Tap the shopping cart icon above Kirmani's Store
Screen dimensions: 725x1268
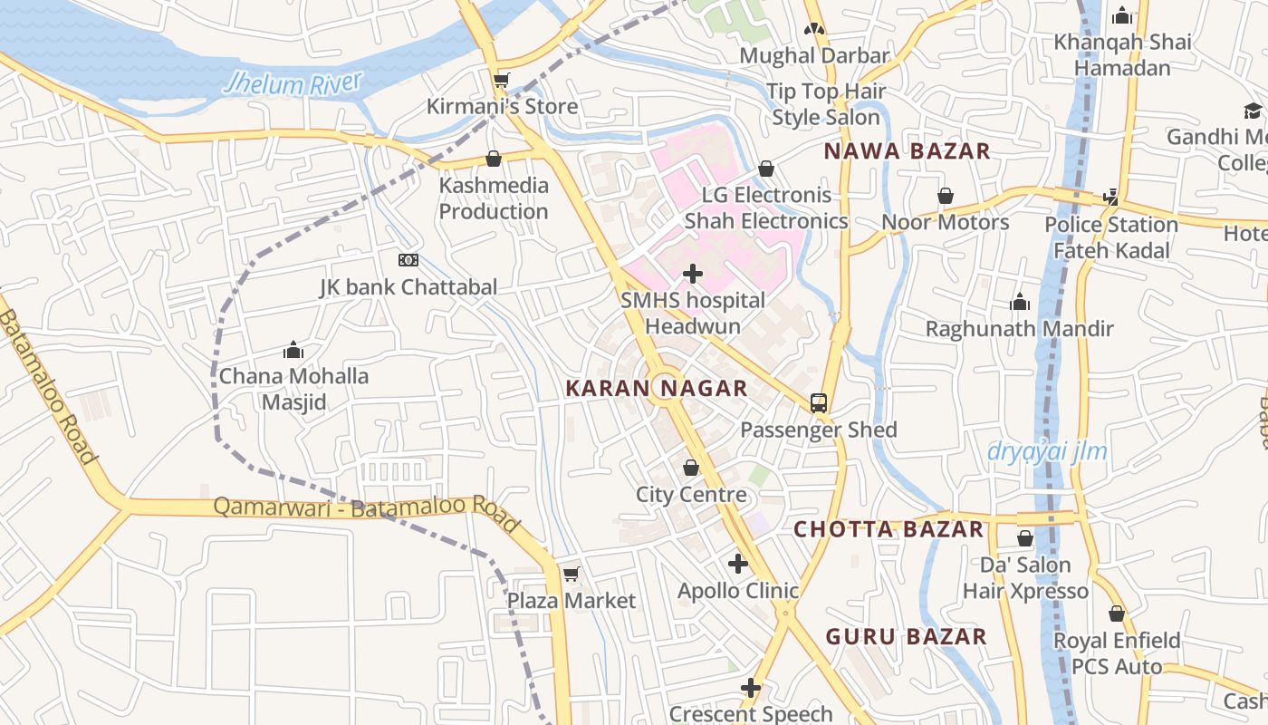[501, 80]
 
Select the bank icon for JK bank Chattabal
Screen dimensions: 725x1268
[408, 260]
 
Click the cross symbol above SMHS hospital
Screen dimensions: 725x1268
[693, 273]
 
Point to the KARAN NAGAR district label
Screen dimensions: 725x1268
[657, 390]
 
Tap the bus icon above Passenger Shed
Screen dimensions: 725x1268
[819, 403]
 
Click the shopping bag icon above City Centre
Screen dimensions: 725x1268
[691, 468]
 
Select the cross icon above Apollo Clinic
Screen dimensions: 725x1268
[738, 564]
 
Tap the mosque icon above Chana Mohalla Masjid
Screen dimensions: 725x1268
[293, 350]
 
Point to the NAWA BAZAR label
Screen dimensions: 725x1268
[907, 152]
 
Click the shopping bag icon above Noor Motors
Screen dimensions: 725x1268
[945, 196]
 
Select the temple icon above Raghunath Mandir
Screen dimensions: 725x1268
[1020, 302]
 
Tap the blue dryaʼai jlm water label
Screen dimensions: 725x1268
[1047, 451]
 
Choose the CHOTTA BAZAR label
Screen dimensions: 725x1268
[889, 529]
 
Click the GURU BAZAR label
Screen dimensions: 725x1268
[906, 637]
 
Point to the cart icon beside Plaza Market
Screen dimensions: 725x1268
[571, 575]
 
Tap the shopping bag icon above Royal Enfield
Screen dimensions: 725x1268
[1116, 614]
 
